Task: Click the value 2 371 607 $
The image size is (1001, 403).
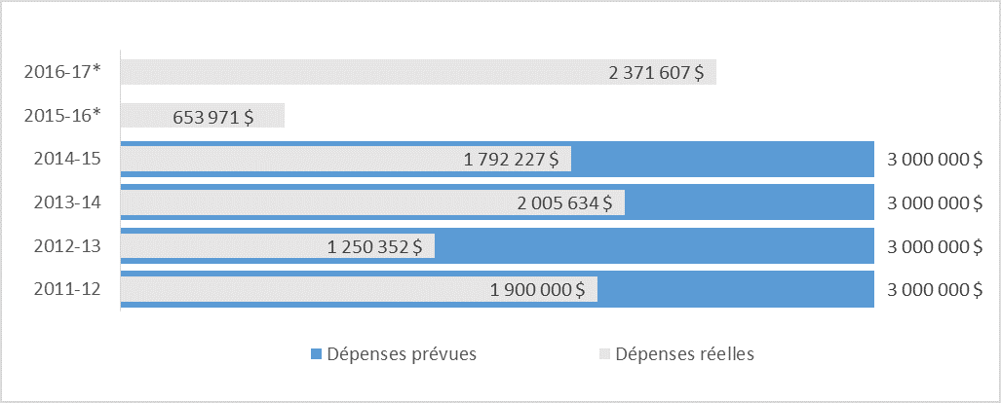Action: (x=656, y=72)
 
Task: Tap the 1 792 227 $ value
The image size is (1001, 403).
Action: (x=511, y=160)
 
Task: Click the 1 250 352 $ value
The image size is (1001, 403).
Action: (x=374, y=246)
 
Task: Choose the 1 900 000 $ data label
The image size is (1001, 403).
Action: (x=537, y=289)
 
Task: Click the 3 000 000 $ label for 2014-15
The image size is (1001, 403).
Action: (x=935, y=160)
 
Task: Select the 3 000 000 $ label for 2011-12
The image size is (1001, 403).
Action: (x=935, y=289)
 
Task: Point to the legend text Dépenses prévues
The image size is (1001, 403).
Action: (x=402, y=354)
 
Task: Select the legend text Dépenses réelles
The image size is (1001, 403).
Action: (x=685, y=354)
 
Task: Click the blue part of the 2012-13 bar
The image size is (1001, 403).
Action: (x=653, y=246)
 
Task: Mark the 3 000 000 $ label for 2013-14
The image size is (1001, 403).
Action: (x=935, y=202)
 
